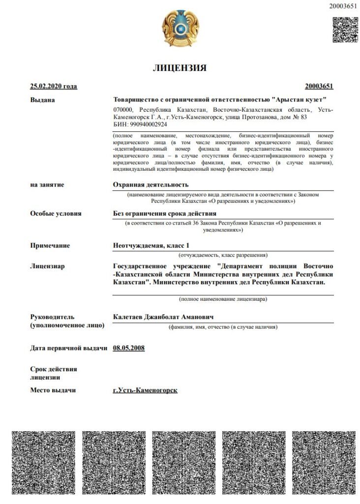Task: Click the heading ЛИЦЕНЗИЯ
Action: (x=180, y=68)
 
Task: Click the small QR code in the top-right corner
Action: (x=345, y=30)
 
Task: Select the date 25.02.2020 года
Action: (x=54, y=87)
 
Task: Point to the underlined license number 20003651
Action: (x=319, y=87)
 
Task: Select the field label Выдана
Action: (x=43, y=100)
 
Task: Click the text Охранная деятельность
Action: (x=151, y=185)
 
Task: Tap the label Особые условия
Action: (x=56, y=214)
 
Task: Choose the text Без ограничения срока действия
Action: (x=165, y=214)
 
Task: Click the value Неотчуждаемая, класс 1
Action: (x=151, y=245)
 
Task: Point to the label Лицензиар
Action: (x=48, y=266)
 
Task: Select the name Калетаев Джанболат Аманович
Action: (x=163, y=316)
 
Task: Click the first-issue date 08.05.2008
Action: (x=129, y=348)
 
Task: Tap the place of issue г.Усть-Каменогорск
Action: (x=145, y=390)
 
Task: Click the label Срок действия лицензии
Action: (x=53, y=373)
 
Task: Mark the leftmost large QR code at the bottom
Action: (x=43, y=463)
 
